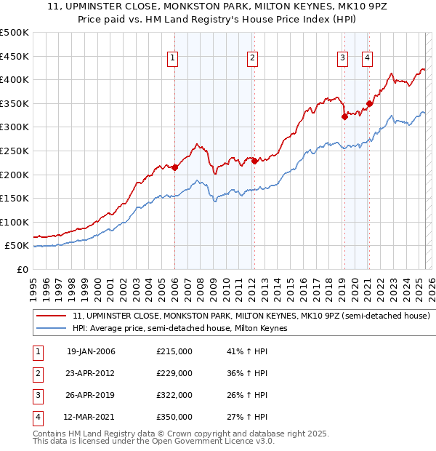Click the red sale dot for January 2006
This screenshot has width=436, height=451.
(x=174, y=167)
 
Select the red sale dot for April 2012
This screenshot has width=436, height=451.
(x=254, y=161)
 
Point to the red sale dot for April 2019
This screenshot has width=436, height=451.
(x=344, y=116)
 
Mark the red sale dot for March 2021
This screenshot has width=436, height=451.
(x=369, y=103)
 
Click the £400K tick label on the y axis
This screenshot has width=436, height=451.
(x=15, y=79)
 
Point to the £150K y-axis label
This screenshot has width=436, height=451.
(x=15, y=198)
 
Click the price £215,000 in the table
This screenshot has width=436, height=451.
(x=174, y=351)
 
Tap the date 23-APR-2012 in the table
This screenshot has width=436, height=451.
(x=91, y=373)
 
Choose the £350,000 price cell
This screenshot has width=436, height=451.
(x=174, y=417)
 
